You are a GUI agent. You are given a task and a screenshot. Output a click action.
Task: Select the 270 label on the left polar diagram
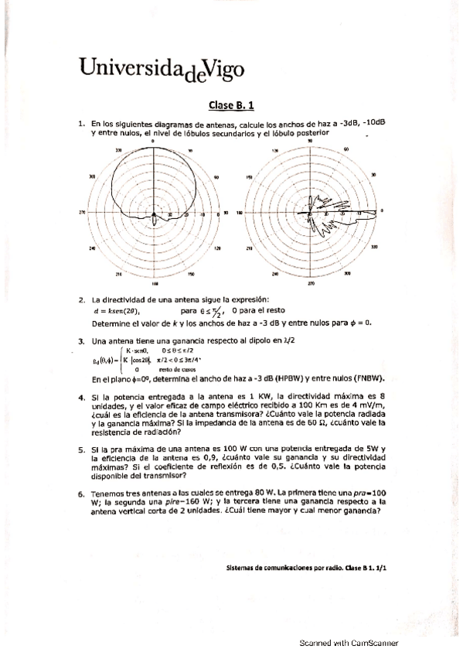[82, 214]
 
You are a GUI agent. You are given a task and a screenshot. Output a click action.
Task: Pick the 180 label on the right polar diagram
[239, 213]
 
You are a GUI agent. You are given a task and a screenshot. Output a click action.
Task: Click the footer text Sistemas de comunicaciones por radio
[281, 567]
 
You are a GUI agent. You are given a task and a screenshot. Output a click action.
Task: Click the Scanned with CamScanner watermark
[349, 642]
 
